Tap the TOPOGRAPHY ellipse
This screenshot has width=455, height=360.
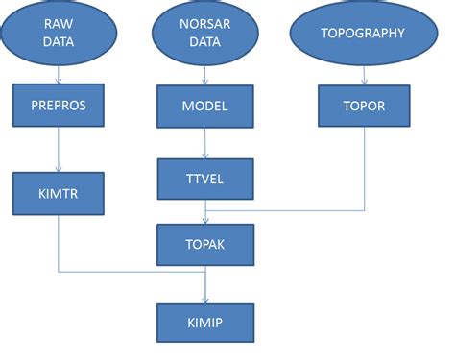(x=364, y=34)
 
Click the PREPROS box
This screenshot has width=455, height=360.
(x=60, y=105)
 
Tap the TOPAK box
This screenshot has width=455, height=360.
(x=205, y=245)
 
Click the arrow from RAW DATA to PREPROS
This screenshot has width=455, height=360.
(x=60, y=73)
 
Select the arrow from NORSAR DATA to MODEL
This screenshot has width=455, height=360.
(x=205, y=75)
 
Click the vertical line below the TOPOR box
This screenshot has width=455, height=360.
(x=364, y=168)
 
